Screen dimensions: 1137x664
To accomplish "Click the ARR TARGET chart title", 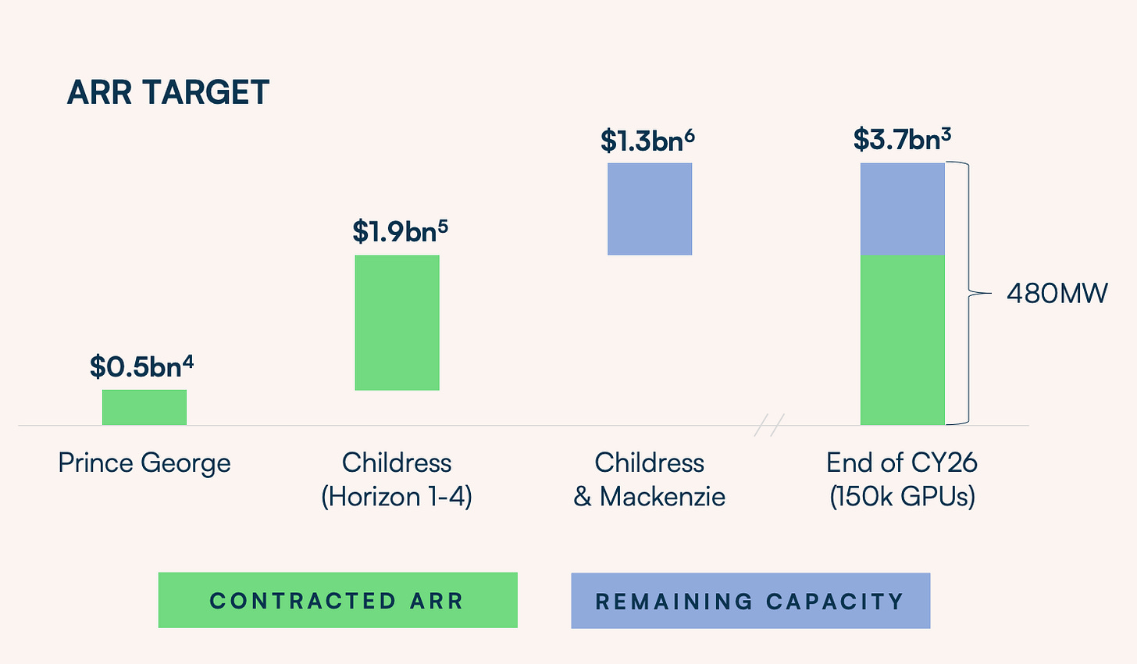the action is coord(168,92).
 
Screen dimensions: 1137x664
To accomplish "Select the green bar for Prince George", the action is coord(144,407).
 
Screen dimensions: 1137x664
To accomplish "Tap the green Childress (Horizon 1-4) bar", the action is coord(397,323).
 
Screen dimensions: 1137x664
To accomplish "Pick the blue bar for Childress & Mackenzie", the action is coord(650,209).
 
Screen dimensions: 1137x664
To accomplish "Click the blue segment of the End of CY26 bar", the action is coord(903,209).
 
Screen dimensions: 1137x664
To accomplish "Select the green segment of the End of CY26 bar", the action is coord(903,340).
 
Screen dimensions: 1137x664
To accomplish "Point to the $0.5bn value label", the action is coord(141,366).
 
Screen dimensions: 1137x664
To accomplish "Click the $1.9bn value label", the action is coord(401,231).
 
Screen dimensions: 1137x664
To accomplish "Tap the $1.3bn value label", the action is coord(647,140).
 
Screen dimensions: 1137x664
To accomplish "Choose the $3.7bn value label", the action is coord(902,138).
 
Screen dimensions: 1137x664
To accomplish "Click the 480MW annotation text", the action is coord(1057,294).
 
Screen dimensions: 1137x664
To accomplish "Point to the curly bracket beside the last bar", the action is coord(968,293).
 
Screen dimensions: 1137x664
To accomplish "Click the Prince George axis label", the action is coord(144,463).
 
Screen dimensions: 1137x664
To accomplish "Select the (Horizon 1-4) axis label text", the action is coord(397,497).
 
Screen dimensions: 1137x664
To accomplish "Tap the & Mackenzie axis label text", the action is coord(649,497).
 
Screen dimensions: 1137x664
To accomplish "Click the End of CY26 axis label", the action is coord(902,462).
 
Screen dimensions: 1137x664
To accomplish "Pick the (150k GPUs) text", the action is coord(902,497).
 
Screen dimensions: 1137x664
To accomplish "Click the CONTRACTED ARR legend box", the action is coord(338,600).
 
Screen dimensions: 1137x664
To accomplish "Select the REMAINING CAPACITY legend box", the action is coord(750,601).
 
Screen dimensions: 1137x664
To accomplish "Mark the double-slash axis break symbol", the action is coord(769,425).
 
